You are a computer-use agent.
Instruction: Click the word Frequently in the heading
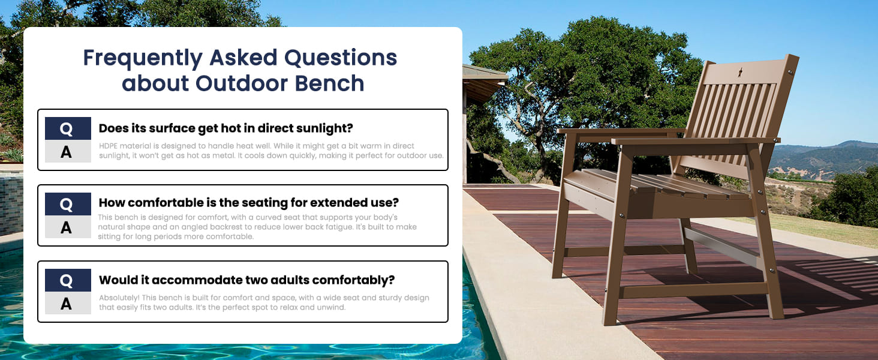(x=143, y=58)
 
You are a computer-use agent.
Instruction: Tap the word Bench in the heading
(x=329, y=83)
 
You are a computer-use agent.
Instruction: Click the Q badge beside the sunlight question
(x=68, y=128)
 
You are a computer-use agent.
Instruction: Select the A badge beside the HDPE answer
(x=68, y=151)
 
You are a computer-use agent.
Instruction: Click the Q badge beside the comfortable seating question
(x=68, y=204)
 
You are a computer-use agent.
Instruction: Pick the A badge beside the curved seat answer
(x=68, y=227)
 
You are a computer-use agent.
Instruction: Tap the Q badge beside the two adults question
(x=68, y=280)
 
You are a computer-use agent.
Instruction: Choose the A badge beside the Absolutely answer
(x=68, y=303)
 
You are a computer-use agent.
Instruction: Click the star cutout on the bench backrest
(x=741, y=72)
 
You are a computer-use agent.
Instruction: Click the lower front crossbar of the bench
(x=694, y=290)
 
